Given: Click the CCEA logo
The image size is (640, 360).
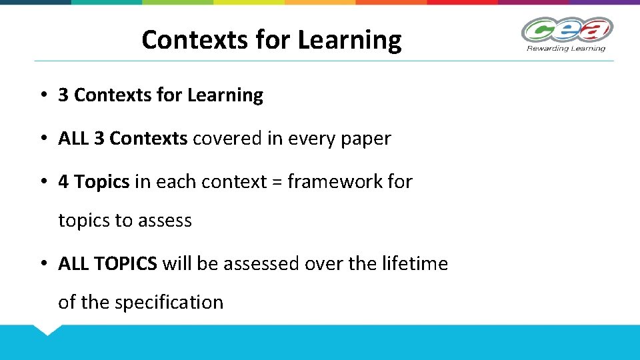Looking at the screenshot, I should click(566, 30).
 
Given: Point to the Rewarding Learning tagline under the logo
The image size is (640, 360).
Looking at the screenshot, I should click(566, 48).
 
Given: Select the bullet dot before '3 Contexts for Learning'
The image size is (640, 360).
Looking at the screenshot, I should click(42, 95).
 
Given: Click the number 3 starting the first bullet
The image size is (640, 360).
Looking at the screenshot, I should click(63, 95).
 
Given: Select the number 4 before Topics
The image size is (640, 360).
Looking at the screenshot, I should click(63, 181).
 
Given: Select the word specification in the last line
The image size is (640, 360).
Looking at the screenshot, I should click(169, 302).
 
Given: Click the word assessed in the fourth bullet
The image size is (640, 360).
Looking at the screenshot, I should click(261, 264).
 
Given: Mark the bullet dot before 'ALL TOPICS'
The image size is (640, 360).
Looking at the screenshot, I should click(42, 264).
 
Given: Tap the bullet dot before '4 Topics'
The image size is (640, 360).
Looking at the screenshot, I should click(42, 181).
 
